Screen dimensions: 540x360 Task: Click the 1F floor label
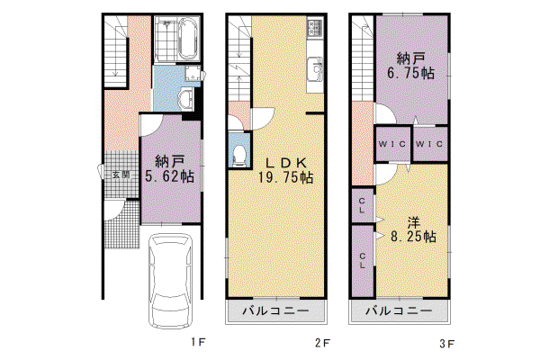[198, 342]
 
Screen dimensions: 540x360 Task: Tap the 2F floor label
[322, 343]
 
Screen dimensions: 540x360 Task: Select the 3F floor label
[446, 344]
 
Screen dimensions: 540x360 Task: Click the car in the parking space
[170, 281]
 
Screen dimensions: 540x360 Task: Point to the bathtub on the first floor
[189, 38]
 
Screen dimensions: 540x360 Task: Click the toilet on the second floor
[239, 156]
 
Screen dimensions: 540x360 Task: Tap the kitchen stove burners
[315, 27]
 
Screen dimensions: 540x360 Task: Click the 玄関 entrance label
[121, 175]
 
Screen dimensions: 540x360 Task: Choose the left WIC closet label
[392, 144]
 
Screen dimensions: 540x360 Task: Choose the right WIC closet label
[429, 144]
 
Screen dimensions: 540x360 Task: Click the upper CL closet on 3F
[363, 205]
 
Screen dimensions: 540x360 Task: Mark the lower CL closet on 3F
[363, 261]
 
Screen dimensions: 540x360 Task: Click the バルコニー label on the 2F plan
[276, 311]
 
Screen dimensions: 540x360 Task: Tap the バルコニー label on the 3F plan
[399, 311]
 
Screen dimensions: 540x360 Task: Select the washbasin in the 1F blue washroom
[186, 98]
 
